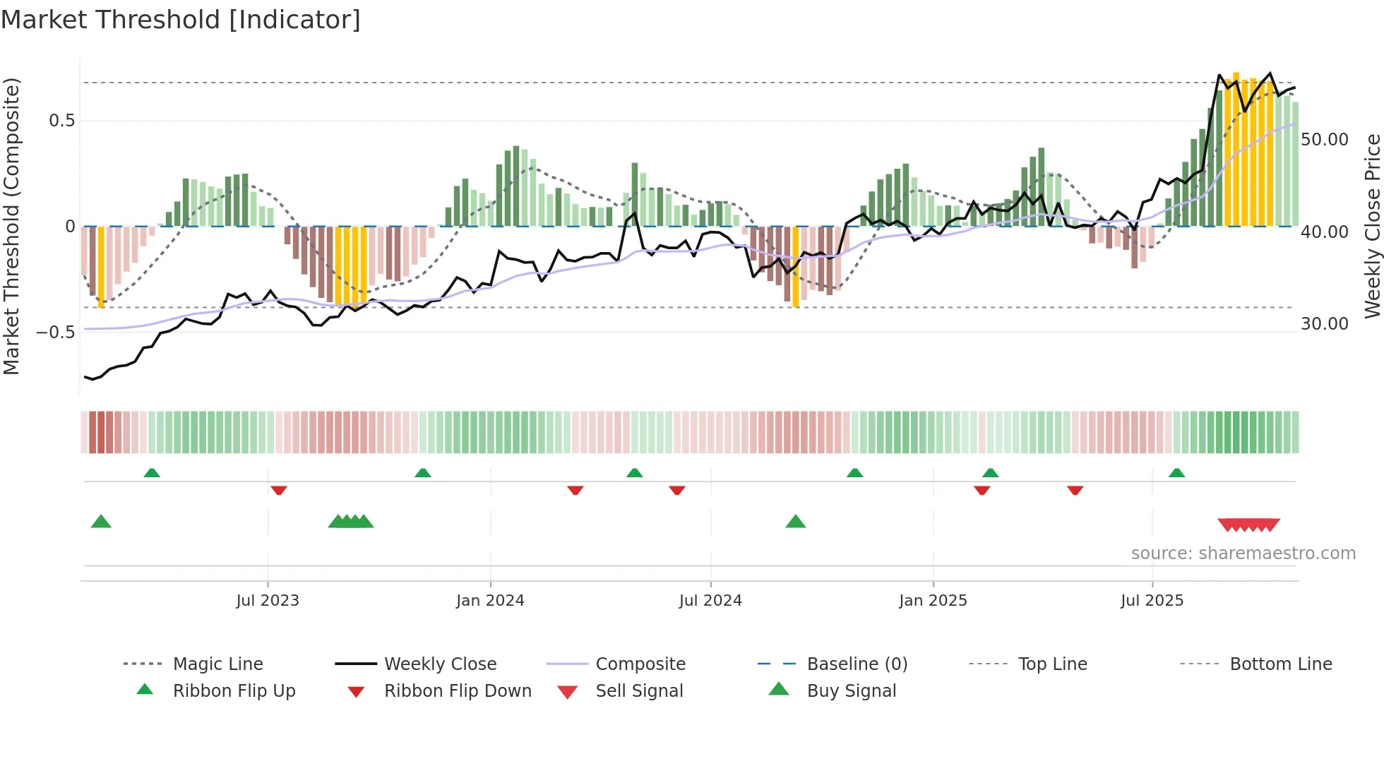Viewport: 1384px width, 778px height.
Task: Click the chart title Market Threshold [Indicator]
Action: pyautogui.click(x=181, y=20)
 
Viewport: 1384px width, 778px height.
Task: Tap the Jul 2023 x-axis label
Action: pyautogui.click(x=268, y=601)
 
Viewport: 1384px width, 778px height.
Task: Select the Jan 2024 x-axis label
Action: pyautogui.click(x=490, y=601)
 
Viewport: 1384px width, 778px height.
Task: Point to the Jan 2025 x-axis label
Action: pyautogui.click(x=933, y=601)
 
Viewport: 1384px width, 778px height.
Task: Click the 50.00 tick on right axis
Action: pyautogui.click(x=1324, y=140)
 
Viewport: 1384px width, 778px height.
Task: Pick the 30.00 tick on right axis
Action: pyautogui.click(x=1324, y=324)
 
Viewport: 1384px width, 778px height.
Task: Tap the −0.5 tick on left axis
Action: pyautogui.click(x=56, y=332)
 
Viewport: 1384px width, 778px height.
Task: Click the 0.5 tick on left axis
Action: pyautogui.click(x=61, y=121)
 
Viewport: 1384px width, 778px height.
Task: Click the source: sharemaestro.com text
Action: pyautogui.click(x=1243, y=553)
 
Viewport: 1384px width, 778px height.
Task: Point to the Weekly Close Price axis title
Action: pyautogui.click(x=1372, y=226)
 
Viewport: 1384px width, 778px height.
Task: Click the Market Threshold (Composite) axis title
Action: pyautogui.click(x=11, y=226)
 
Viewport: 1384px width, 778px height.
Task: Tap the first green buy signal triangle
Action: pyautogui.click(x=101, y=522)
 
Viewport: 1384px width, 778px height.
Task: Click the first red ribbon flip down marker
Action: pyautogui.click(x=279, y=490)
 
